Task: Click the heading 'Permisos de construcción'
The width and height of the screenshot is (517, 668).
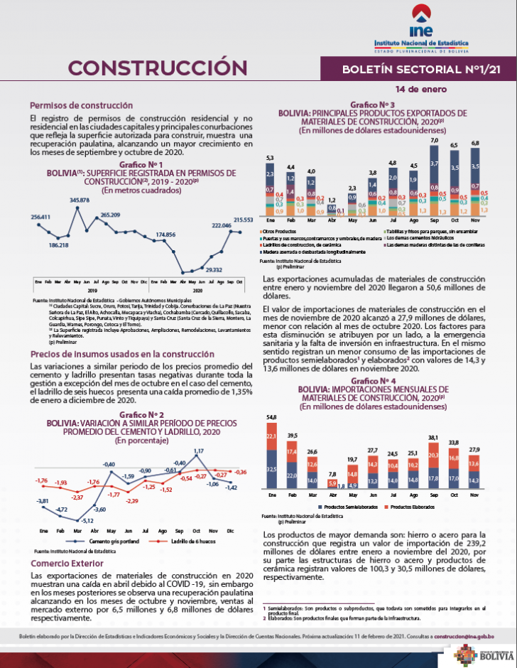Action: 82,104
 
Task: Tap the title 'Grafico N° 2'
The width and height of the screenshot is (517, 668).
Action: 142,414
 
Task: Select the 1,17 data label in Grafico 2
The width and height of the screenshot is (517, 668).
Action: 199,451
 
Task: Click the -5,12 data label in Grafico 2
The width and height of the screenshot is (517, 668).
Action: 87,520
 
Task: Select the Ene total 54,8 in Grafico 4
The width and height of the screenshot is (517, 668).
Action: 271,416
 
